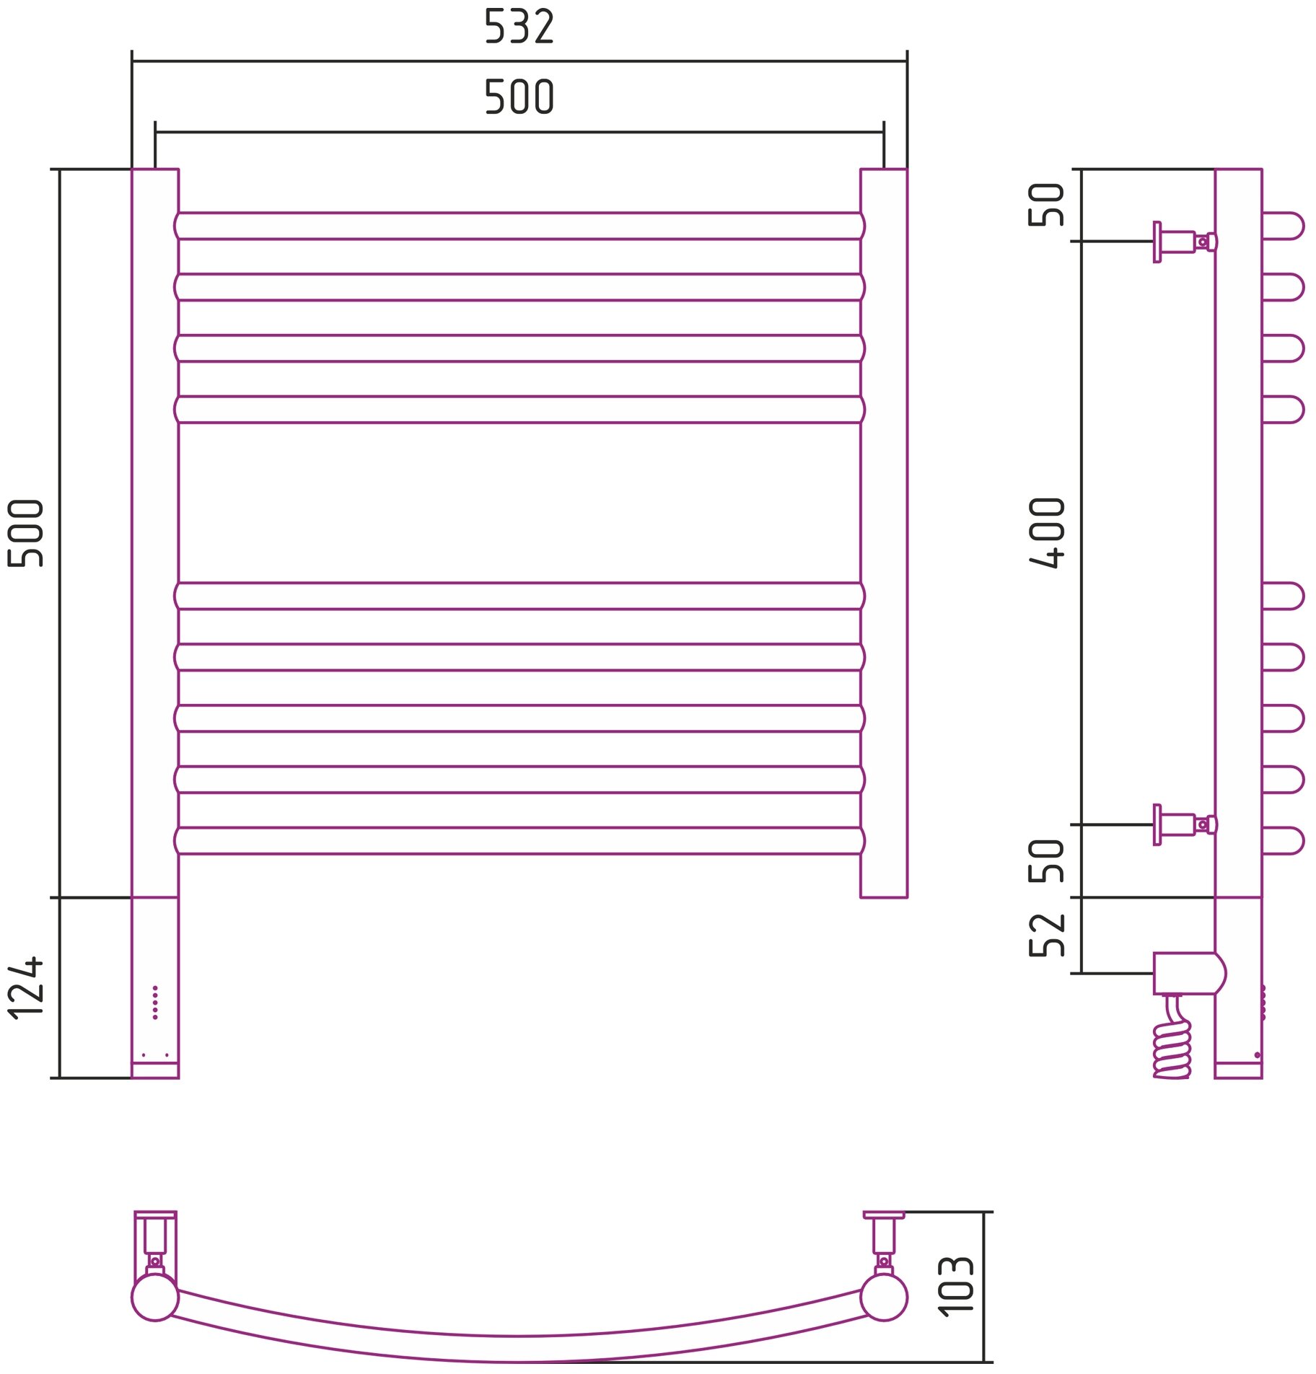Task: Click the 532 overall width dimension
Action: click(518, 27)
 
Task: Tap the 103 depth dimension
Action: click(955, 1286)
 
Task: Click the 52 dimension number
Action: click(1046, 935)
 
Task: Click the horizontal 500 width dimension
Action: click(518, 97)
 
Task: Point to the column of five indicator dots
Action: click(155, 1002)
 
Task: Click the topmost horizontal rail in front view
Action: click(518, 226)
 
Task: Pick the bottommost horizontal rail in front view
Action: click(518, 840)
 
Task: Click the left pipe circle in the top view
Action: click(155, 1297)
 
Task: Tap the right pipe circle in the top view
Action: click(883, 1297)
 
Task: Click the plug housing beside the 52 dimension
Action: click(1187, 973)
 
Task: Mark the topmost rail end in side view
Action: click(1283, 226)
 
